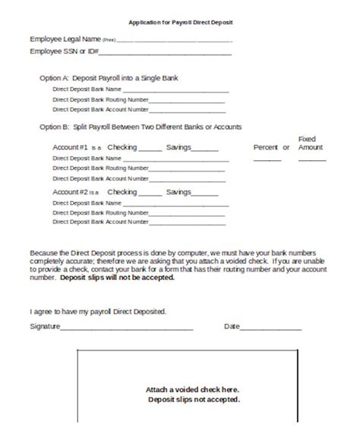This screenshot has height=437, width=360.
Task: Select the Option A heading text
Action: tap(109, 78)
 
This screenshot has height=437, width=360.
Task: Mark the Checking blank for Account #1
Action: tap(150, 149)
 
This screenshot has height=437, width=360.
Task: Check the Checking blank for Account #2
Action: tap(150, 195)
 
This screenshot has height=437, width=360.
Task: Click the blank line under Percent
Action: tap(267, 160)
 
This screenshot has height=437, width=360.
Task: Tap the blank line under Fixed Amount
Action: tap(311, 160)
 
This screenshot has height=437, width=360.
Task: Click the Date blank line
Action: tap(271, 330)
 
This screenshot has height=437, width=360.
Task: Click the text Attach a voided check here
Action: tap(193, 389)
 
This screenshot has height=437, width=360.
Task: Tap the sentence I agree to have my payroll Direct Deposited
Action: tap(97, 311)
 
